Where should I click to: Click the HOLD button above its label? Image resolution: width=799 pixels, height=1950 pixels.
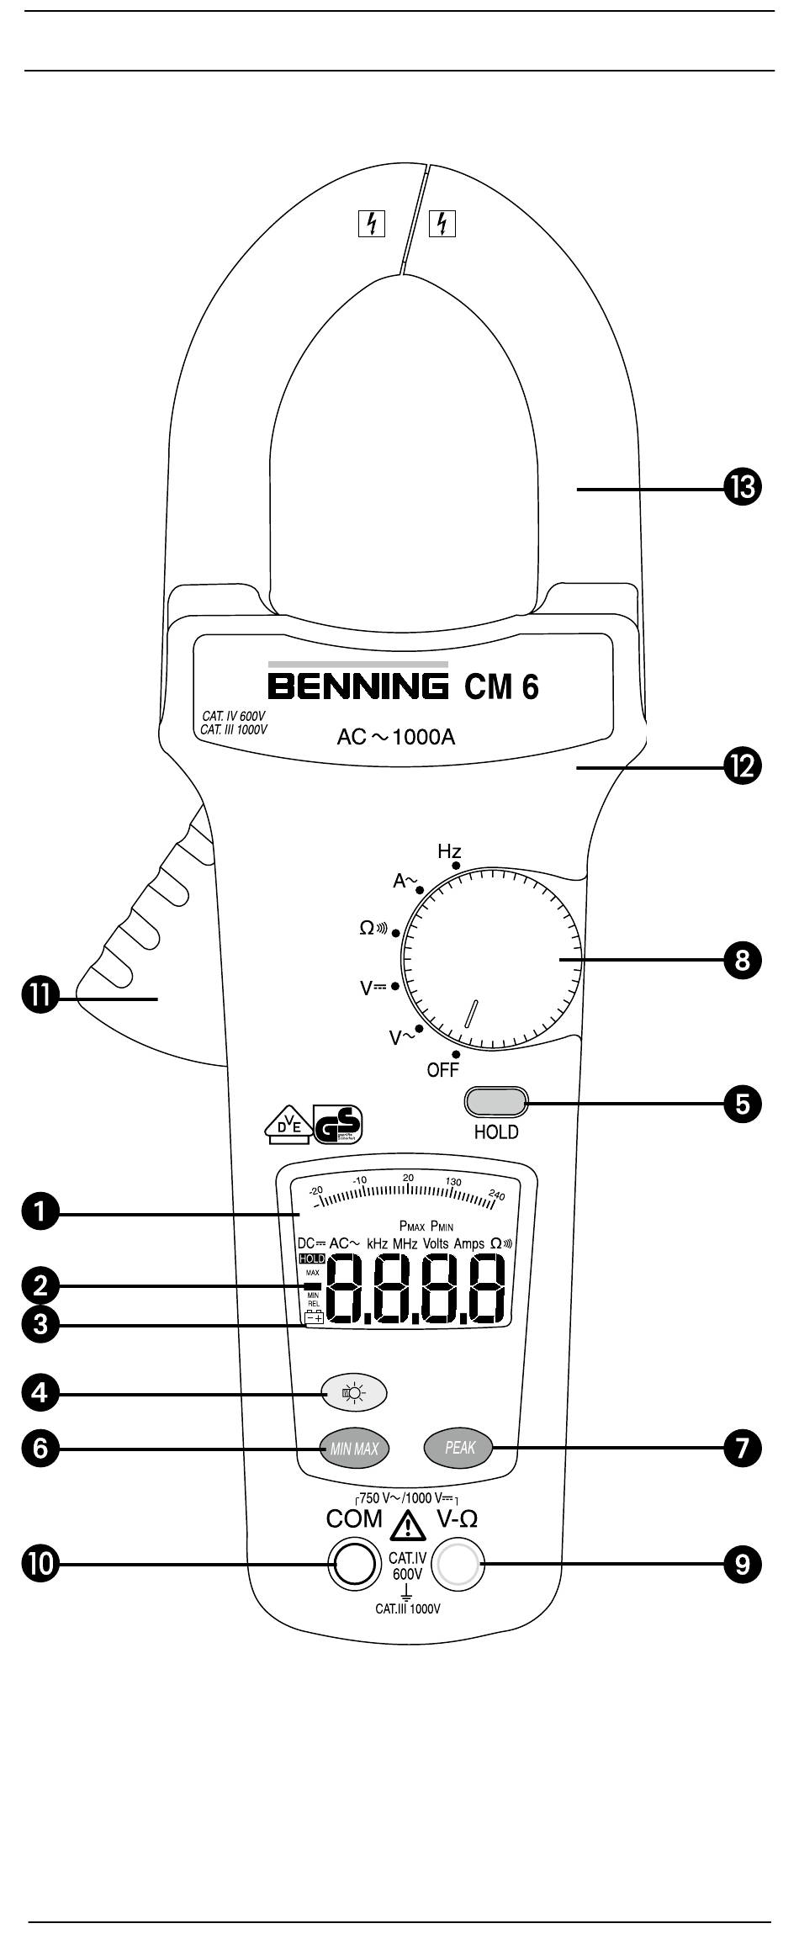coord(495,1100)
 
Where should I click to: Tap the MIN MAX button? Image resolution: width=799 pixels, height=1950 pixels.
coord(354,1449)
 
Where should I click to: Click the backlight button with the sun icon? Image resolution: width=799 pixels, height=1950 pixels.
coord(354,1393)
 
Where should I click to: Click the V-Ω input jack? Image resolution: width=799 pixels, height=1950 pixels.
coord(458,1564)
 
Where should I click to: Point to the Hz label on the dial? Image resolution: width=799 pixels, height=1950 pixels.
coord(449,851)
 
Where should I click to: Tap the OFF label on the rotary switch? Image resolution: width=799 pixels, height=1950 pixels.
coord(442,1070)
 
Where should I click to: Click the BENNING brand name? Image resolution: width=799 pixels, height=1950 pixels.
coord(358,686)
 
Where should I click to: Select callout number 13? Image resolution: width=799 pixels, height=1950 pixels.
coord(741,488)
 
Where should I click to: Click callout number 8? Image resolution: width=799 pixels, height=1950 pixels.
coord(741,960)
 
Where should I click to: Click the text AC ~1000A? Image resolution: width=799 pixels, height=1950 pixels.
coord(395,738)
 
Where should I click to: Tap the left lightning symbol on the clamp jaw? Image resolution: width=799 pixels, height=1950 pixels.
coord(372,223)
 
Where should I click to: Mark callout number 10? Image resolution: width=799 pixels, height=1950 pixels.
coord(40,1564)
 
